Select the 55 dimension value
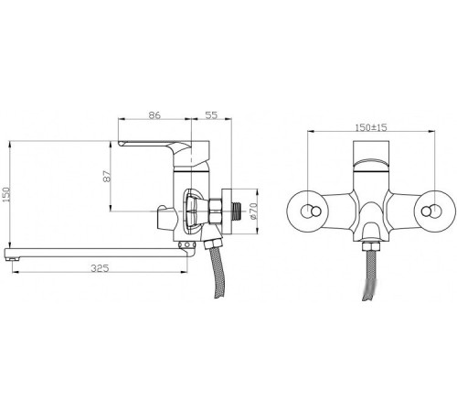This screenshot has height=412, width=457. click(210, 116)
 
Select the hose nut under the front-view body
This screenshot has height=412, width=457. click(373, 246)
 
